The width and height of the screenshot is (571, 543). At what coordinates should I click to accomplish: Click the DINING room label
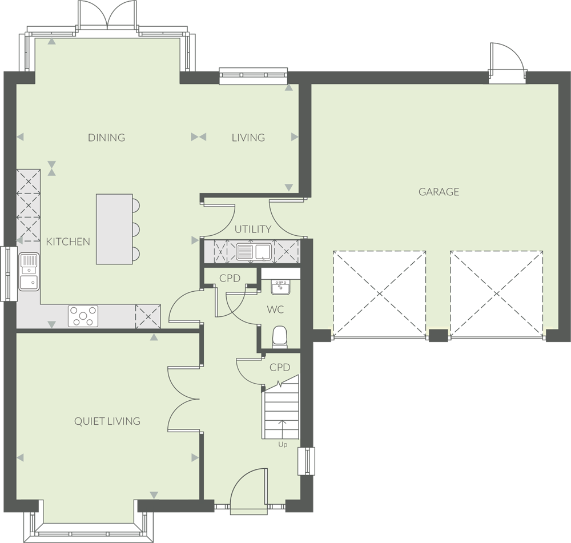click(106, 137)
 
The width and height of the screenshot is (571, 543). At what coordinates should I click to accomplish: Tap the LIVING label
click(248, 137)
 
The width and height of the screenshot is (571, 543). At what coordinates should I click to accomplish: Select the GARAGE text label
click(439, 191)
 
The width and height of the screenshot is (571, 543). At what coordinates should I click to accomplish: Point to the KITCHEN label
click(68, 242)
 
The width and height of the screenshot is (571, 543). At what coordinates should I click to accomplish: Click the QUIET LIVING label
click(107, 421)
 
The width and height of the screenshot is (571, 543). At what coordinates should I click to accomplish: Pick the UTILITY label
click(253, 229)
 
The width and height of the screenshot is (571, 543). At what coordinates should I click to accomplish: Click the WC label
click(275, 309)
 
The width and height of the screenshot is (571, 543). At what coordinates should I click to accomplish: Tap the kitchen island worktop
click(114, 229)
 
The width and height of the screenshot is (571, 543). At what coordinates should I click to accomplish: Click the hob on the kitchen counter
click(83, 316)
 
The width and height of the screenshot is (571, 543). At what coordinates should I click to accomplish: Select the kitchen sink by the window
click(29, 272)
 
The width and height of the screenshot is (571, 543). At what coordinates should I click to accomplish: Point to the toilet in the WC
click(280, 336)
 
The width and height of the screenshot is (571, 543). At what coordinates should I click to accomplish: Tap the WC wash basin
click(280, 287)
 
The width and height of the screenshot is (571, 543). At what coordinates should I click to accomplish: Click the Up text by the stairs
click(283, 445)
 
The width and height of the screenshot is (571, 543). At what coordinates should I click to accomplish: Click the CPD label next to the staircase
click(280, 368)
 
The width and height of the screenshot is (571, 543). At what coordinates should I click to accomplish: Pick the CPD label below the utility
click(230, 278)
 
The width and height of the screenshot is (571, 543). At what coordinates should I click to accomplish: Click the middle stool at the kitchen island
click(136, 230)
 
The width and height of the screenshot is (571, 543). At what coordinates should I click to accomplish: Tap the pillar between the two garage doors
click(438, 335)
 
